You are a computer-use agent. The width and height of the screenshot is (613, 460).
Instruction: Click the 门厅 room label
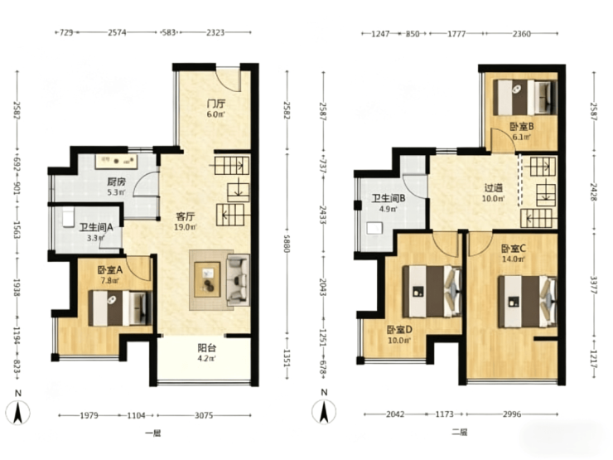pos(216,104)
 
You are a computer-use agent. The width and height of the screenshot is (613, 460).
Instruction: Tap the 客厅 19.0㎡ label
pos(186,221)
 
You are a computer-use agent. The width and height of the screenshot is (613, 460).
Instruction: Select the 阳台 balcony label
pos(207,348)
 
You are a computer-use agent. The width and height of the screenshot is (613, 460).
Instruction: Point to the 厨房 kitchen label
pos(117,182)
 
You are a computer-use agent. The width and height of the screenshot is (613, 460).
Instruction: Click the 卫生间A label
pos(96,227)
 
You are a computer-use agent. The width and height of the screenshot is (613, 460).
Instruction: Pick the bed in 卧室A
pos(120,308)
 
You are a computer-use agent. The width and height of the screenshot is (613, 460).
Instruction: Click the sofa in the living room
pos(238,279)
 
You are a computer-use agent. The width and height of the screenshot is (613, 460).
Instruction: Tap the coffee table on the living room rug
pos(208,279)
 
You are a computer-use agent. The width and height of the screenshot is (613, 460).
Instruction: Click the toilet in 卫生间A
pos(68,217)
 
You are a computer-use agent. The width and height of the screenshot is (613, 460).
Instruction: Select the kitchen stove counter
pos(117,161)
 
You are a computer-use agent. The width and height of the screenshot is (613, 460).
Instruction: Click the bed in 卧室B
pos(524,98)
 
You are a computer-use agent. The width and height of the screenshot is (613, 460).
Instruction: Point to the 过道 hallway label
pos(494,188)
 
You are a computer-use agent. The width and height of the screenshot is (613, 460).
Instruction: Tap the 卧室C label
pos(514,249)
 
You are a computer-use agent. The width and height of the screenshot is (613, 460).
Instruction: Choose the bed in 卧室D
pos(432,292)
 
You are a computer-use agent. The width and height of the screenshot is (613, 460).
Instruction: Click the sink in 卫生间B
pos(374,229)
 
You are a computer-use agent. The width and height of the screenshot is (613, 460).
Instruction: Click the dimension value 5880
pos(287,244)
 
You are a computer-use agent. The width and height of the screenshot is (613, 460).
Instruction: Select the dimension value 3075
pos(204,415)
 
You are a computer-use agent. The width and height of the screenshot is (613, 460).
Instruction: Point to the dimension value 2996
pos(512,414)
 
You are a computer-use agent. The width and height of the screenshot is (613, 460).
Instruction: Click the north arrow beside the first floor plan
pos(17,412)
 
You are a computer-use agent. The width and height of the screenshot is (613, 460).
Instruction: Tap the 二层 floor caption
pos(459,432)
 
